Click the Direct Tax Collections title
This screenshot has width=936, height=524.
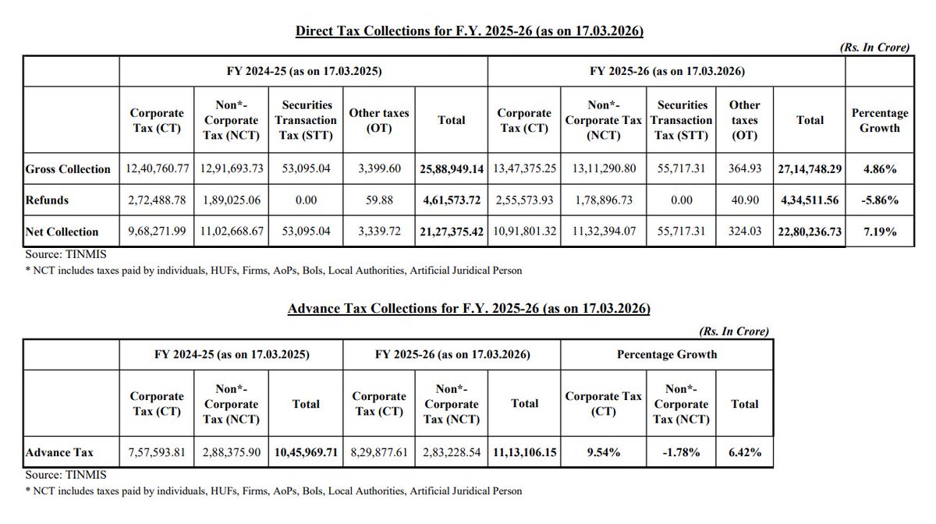469,32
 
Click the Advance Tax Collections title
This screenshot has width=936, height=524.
469,309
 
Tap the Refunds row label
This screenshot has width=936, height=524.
46,200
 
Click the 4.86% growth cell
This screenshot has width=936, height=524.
879,168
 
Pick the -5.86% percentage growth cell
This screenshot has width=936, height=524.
879,200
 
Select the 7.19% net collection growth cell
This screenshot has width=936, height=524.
879,232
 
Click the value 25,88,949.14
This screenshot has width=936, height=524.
452,168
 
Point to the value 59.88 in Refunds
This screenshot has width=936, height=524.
380,200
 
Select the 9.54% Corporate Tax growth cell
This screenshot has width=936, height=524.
603,451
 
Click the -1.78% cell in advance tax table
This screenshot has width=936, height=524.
682,451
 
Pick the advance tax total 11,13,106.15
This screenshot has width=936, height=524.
524,451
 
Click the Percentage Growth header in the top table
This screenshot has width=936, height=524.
879,120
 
